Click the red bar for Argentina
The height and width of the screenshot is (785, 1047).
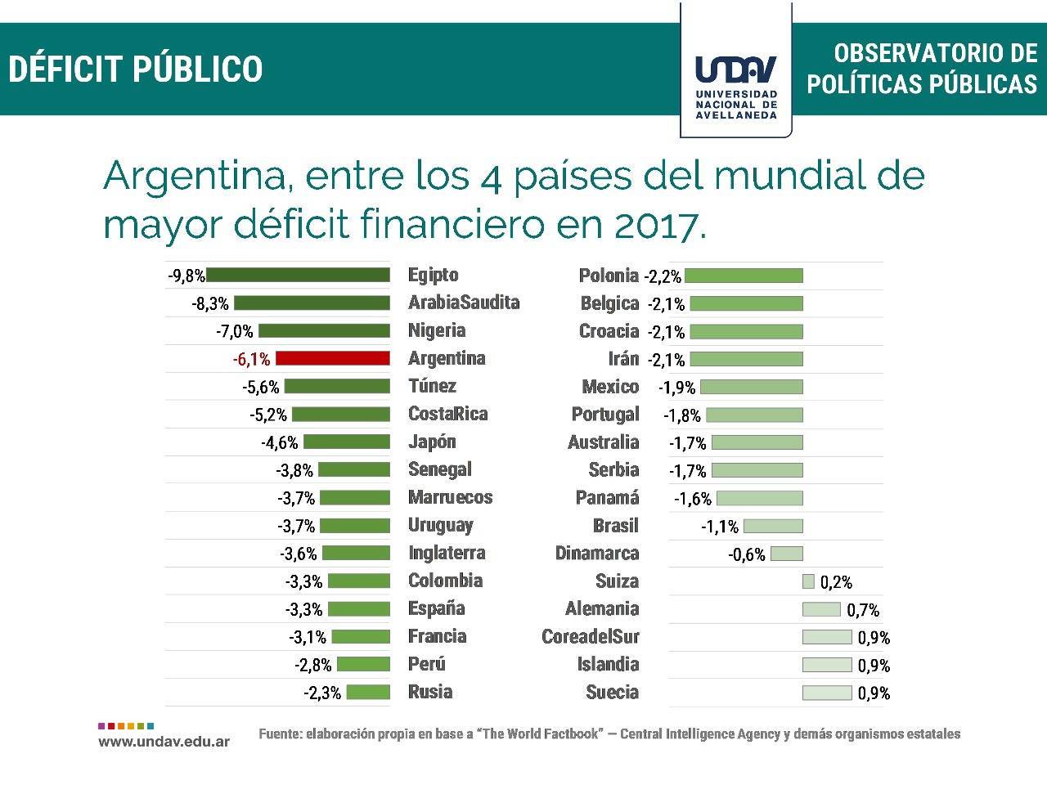point(332,358)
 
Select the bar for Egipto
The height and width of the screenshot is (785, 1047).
point(298,276)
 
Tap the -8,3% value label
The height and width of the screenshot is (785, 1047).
point(210,304)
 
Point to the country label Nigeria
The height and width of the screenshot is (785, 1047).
point(437,330)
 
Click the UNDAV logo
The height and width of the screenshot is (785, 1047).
point(735,82)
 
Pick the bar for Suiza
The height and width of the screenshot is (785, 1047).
point(808,581)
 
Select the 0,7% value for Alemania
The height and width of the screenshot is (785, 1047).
point(863,610)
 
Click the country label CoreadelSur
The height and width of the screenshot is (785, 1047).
point(591,636)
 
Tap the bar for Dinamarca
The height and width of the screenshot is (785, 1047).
point(787,554)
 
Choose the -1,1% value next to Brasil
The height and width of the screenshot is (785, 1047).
point(720,527)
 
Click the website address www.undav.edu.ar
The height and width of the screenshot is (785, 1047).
point(164,742)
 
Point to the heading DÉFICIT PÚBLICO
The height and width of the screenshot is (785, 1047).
point(136,69)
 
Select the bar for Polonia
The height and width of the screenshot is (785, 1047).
point(744,276)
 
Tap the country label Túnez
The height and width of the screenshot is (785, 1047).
point(432,386)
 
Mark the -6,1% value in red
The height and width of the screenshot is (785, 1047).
point(251,359)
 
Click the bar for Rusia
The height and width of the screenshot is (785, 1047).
point(368,692)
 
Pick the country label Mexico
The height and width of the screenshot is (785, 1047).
point(610,387)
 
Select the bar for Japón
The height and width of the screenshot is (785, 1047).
point(347,442)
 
